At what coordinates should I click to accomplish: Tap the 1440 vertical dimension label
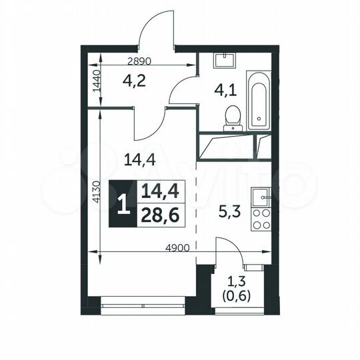[95, 79]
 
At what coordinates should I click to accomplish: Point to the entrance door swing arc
[155, 27]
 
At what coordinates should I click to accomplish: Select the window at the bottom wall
[141, 308]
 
